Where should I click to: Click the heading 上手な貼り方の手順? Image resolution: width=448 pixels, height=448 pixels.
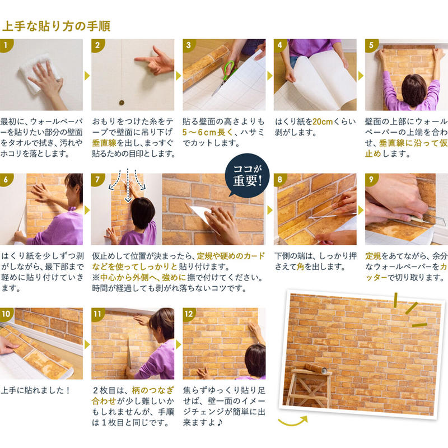click(56, 26)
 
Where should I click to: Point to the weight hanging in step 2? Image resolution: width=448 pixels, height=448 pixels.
click(120, 102)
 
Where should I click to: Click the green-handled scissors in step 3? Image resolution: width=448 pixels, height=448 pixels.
click(228, 73)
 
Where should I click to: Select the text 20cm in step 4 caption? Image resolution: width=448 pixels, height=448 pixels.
click(324, 122)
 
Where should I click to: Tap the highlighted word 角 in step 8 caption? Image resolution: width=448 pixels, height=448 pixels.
click(308, 267)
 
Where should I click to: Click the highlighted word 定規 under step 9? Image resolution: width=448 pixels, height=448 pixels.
click(373, 255)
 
